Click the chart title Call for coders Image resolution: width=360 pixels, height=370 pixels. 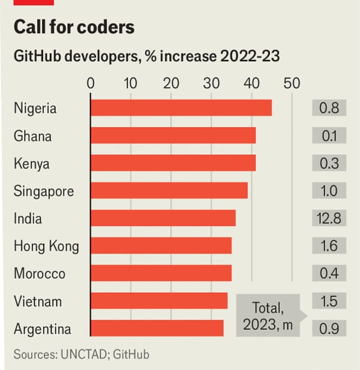click(74, 27)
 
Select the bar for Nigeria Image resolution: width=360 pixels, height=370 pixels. click(181, 108)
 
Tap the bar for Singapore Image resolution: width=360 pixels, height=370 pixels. click(169, 191)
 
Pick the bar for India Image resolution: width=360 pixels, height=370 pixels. click(163, 218)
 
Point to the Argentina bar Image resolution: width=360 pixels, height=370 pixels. click(157, 329)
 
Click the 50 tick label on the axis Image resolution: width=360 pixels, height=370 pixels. click(292, 83)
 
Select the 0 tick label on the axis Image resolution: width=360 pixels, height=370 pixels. click(91, 83)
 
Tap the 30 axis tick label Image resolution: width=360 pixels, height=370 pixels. click(212, 83)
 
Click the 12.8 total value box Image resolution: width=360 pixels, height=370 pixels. click(329, 218)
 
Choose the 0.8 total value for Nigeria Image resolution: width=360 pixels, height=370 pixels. click(329, 108)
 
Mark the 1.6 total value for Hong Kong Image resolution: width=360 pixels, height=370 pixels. click(329, 246)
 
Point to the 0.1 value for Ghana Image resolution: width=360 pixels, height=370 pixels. click(329, 136)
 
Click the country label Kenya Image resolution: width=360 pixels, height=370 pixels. click(31, 164)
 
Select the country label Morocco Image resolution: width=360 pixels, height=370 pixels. click(39, 273)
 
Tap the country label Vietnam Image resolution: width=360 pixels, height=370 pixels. click(37, 301)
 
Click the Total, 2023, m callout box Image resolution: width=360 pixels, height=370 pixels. click(267, 316)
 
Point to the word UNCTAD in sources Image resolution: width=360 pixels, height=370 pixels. click(85, 354)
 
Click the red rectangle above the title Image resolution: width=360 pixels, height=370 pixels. click(34, 2)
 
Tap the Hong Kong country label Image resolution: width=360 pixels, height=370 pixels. click(46, 246)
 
